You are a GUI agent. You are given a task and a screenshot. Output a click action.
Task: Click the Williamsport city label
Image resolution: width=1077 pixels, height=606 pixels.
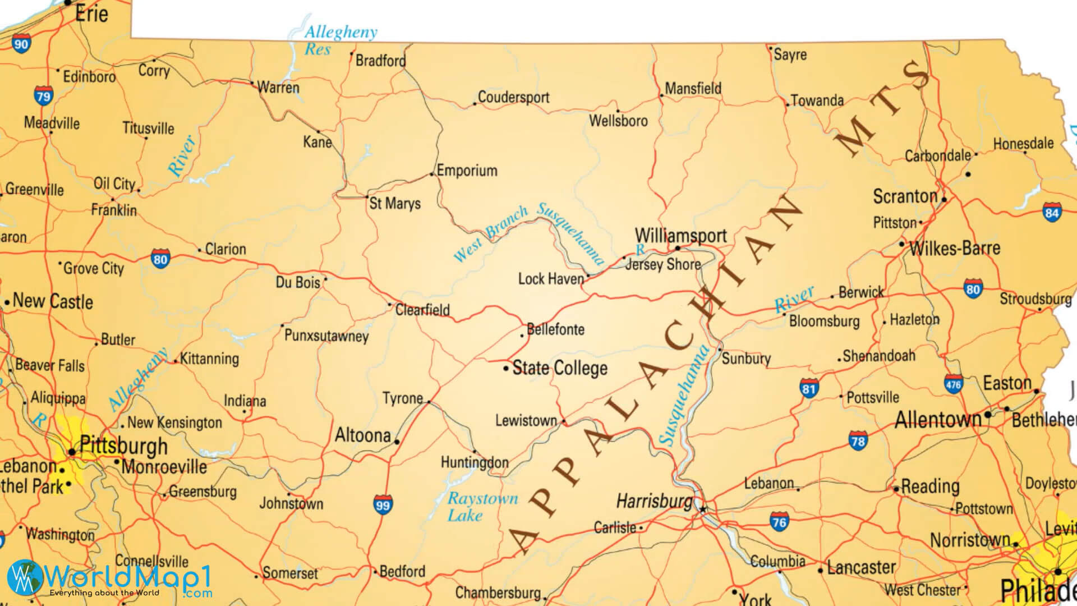tap(680, 235)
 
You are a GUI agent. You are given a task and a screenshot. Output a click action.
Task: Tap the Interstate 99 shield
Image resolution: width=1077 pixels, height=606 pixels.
tap(383, 504)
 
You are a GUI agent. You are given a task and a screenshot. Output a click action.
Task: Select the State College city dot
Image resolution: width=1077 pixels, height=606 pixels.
tap(506, 369)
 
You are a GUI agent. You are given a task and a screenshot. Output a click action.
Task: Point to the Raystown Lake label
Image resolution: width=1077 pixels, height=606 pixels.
tap(481, 507)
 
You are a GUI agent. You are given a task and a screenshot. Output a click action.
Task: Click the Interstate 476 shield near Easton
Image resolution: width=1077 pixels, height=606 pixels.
tap(953, 384)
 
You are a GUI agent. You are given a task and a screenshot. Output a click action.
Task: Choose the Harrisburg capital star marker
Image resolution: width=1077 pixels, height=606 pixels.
tap(703, 509)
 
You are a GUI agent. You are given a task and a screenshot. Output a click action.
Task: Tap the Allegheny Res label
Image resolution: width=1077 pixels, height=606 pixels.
tap(339, 40)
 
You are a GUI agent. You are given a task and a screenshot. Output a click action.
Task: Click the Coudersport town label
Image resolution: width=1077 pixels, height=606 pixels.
tap(513, 97)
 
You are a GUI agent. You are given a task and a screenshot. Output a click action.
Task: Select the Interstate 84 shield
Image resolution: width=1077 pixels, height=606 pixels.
tap(1052, 212)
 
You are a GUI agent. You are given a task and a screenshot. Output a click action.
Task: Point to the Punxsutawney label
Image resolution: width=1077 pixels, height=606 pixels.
tap(326, 336)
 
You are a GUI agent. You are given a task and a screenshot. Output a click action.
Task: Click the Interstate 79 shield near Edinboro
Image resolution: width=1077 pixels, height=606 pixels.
tap(43, 95)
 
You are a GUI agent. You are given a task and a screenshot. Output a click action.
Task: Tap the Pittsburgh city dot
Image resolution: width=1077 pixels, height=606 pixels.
tap(72, 452)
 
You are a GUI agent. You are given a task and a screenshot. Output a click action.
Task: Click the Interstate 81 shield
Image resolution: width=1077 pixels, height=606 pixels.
tap(808, 388)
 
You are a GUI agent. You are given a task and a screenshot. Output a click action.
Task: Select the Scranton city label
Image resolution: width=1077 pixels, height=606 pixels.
tap(905, 196)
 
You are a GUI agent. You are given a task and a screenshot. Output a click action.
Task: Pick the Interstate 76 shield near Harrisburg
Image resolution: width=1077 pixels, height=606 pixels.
tap(779, 521)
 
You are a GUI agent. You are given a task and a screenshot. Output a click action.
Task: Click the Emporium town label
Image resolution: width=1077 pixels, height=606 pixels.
tap(467, 171)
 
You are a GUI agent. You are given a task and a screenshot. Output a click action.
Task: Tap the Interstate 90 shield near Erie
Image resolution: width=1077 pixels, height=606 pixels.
tap(21, 43)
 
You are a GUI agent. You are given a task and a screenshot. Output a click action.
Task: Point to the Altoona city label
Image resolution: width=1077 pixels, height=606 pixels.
tap(362, 435)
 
